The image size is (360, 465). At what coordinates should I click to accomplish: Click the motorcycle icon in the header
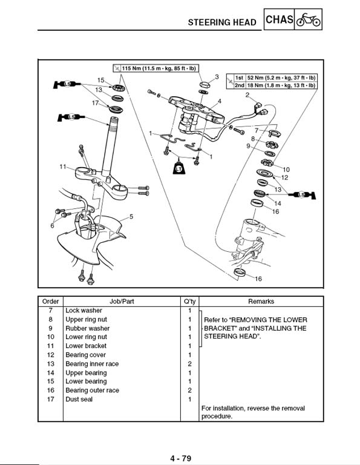click(308, 20)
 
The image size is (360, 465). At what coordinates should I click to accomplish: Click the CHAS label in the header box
click(280, 19)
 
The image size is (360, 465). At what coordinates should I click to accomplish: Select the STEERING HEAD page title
click(222, 22)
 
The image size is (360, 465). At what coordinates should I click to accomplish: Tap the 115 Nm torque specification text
click(159, 68)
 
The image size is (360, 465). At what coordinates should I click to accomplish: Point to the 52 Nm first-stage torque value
click(281, 77)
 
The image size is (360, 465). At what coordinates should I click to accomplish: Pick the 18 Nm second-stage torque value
click(281, 85)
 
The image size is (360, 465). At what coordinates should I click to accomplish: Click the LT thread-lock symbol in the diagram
click(178, 168)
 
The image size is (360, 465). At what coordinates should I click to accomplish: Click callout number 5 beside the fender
click(131, 217)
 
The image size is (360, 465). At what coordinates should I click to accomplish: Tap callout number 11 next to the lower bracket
click(62, 167)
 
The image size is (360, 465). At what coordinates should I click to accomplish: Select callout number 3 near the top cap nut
click(217, 76)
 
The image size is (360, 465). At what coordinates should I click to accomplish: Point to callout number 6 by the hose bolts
click(52, 226)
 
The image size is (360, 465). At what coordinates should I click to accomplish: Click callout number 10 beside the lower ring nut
click(286, 170)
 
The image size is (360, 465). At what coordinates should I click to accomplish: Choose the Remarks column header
click(261, 302)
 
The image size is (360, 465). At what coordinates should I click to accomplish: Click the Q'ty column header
click(189, 302)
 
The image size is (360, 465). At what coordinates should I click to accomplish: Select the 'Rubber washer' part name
click(87, 328)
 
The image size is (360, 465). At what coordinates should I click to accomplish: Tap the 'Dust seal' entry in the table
click(79, 399)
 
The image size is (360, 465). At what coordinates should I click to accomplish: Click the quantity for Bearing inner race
click(189, 364)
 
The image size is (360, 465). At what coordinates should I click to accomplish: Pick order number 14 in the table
click(51, 373)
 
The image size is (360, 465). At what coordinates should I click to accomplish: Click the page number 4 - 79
click(180, 458)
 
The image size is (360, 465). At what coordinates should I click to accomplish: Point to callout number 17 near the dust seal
click(95, 103)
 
